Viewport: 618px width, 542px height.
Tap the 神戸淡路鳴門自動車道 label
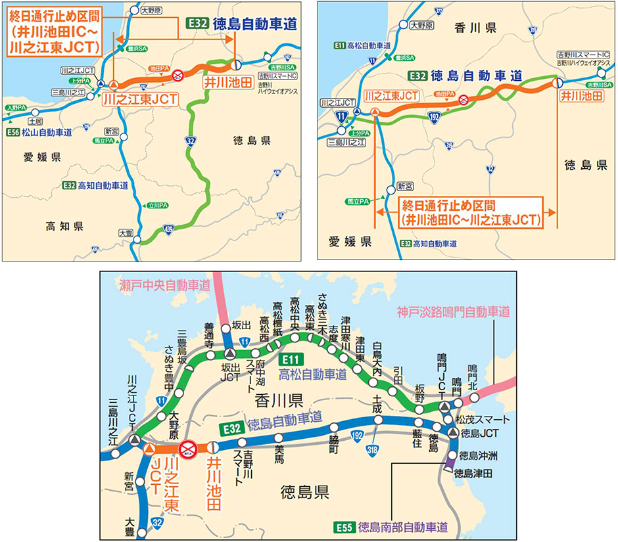click(x=454, y=311)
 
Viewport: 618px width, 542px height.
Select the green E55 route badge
click(x=346, y=526)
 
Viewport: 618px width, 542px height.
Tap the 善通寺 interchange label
click(x=210, y=332)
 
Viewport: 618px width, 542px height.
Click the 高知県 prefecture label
click(x=64, y=226)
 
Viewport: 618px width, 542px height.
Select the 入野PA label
click(x=16, y=106)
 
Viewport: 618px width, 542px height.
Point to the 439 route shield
click(x=169, y=228)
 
